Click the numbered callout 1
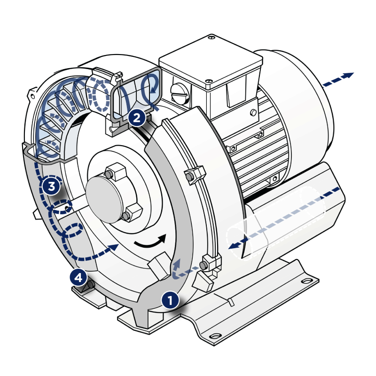point(170,300)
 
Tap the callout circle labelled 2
point(137,118)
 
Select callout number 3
point(51,186)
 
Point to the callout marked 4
point(78,278)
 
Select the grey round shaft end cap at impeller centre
point(104,199)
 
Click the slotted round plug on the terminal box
point(180,94)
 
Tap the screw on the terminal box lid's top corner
point(211,38)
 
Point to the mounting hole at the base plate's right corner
point(307,281)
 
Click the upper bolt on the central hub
point(109,174)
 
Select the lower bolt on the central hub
point(126,216)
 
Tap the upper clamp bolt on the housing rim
point(190,177)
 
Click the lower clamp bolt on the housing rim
point(204,265)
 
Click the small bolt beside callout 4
point(91,285)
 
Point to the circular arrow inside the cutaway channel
point(149,85)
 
